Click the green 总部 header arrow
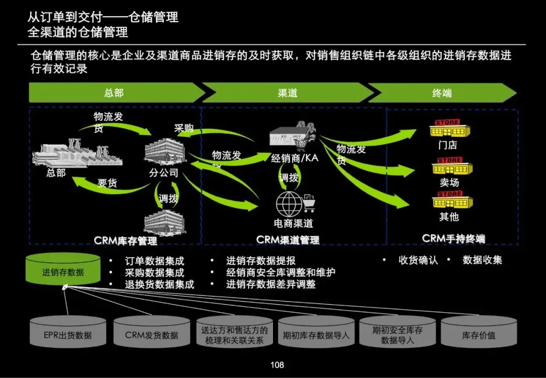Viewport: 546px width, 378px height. pyautogui.click(x=114, y=93)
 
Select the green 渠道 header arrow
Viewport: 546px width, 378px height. pyautogui.click(x=287, y=93)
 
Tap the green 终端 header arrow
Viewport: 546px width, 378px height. pyautogui.click(x=442, y=93)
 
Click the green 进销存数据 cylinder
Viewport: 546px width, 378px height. pyautogui.click(x=63, y=271)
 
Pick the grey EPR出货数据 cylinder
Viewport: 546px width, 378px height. pyautogui.click(x=68, y=334)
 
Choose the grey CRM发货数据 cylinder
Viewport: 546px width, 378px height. pyautogui.click(x=152, y=334)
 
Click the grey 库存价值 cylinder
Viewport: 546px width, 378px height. pyautogui.click(x=479, y=334)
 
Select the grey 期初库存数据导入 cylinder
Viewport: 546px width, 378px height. pyautogui.click(x=316, y=334)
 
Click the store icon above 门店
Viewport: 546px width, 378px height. pyautogui.click(x=449, y=129)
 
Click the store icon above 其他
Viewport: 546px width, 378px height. pyautogui.click(x=452, y=201)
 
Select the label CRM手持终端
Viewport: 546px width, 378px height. pyautogui.click(x=453, y=239)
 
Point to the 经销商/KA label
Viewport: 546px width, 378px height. pyautogui.click(x=295, y=158)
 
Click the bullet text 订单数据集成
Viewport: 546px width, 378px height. pyautogui.click(x=154, y=261)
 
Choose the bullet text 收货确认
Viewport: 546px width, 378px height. pyautogui.click(x=418, y=260)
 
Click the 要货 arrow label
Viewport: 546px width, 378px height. pyautogui.click(x=107, y=183)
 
